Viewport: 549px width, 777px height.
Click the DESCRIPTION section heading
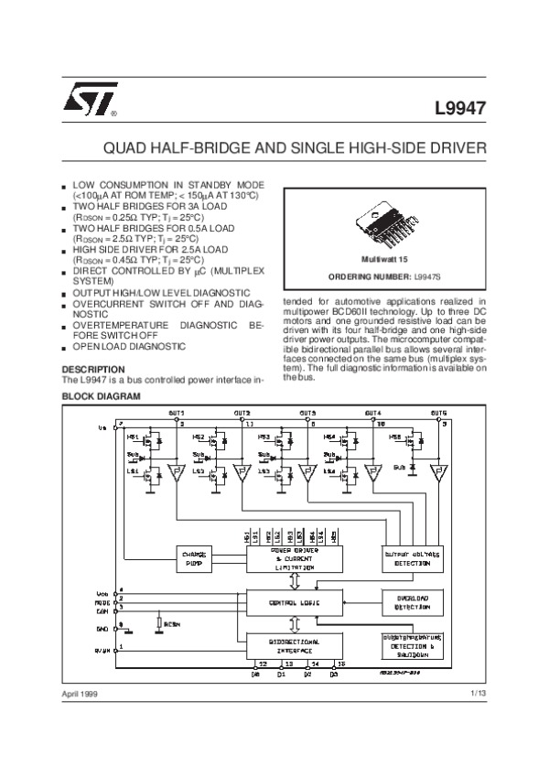(91, 369)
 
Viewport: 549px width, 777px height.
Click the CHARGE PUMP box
(196, 557)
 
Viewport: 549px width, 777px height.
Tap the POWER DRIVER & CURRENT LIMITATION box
(293, 557)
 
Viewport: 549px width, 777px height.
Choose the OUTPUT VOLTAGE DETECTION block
(412, 558)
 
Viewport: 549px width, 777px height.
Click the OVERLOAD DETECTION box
(412, 601)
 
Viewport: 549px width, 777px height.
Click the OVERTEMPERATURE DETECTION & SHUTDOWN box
(412, 645)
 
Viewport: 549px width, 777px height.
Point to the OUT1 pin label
(177, 413)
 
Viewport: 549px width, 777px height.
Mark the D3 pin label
(334, 674)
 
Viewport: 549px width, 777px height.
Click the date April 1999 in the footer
(81, 696)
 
